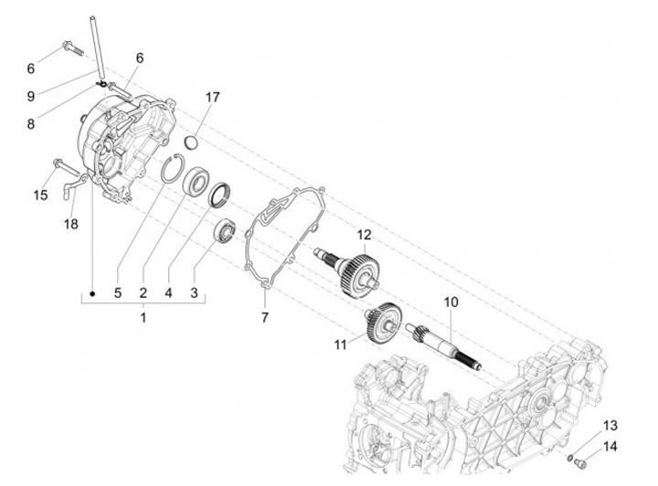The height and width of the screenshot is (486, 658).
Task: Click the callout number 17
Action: (x=213, y=97)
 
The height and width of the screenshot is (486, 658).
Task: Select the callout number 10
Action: (x=450, y=301)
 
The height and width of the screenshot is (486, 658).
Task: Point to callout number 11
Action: (x=341, y=345)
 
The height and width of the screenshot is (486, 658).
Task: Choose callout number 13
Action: (x=610, y=426)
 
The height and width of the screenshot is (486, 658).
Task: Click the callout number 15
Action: (x=40, y=195)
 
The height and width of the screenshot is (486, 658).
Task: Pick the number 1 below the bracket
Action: (x=143, y=317)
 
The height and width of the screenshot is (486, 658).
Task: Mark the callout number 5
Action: (x=118, y=293)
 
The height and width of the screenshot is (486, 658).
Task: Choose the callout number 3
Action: (x=194, y=293)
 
